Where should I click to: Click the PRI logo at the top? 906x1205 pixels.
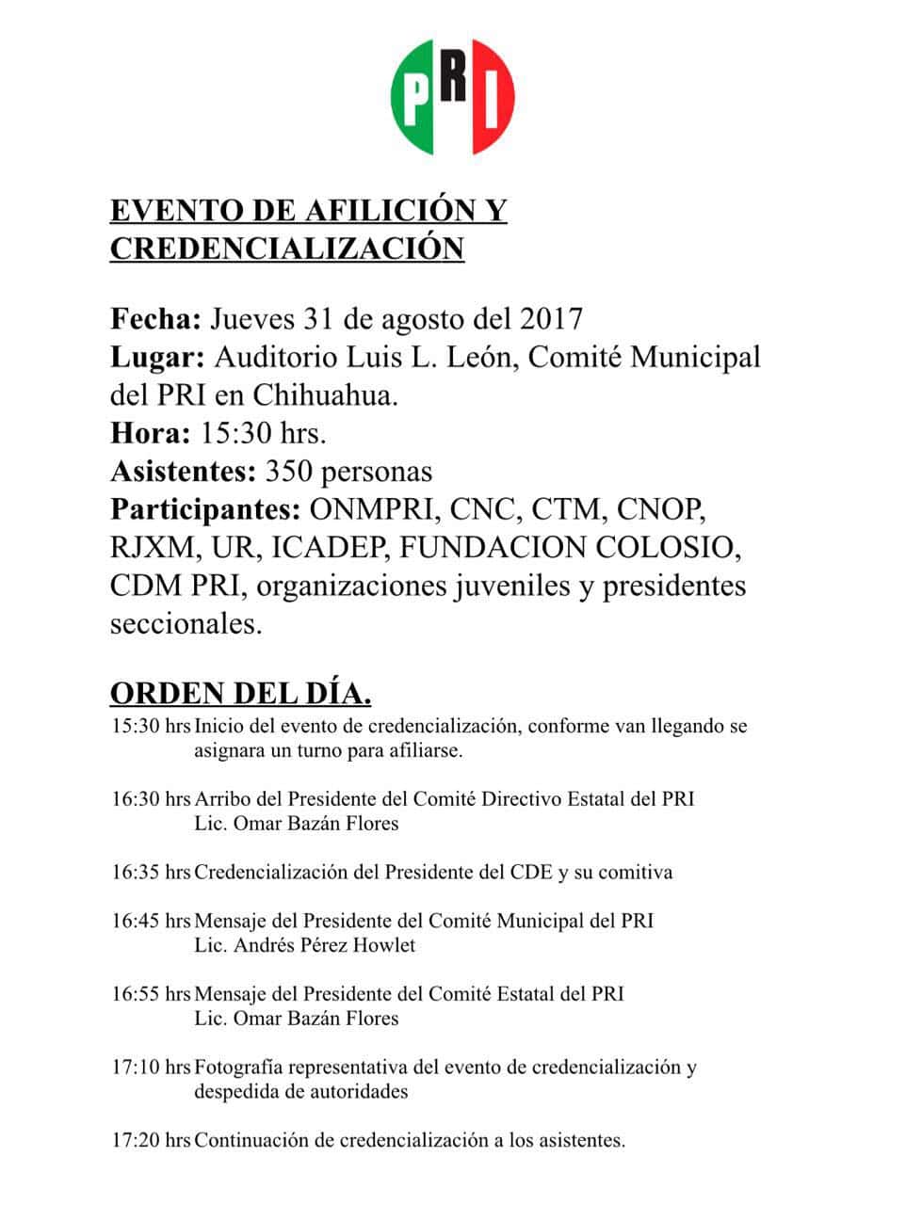453,97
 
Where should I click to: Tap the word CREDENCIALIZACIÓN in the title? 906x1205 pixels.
287,249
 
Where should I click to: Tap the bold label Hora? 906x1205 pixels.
149,434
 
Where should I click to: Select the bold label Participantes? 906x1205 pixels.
205,509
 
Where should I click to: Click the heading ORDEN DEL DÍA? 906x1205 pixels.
240,694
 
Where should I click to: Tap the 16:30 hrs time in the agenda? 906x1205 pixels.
151,799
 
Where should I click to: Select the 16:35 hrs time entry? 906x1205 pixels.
151,873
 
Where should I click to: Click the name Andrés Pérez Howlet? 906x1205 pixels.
305,945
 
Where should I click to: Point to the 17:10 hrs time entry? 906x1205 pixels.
151,1068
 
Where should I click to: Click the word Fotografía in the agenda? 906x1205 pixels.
239,1068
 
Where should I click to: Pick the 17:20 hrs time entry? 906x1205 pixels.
151,1141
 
